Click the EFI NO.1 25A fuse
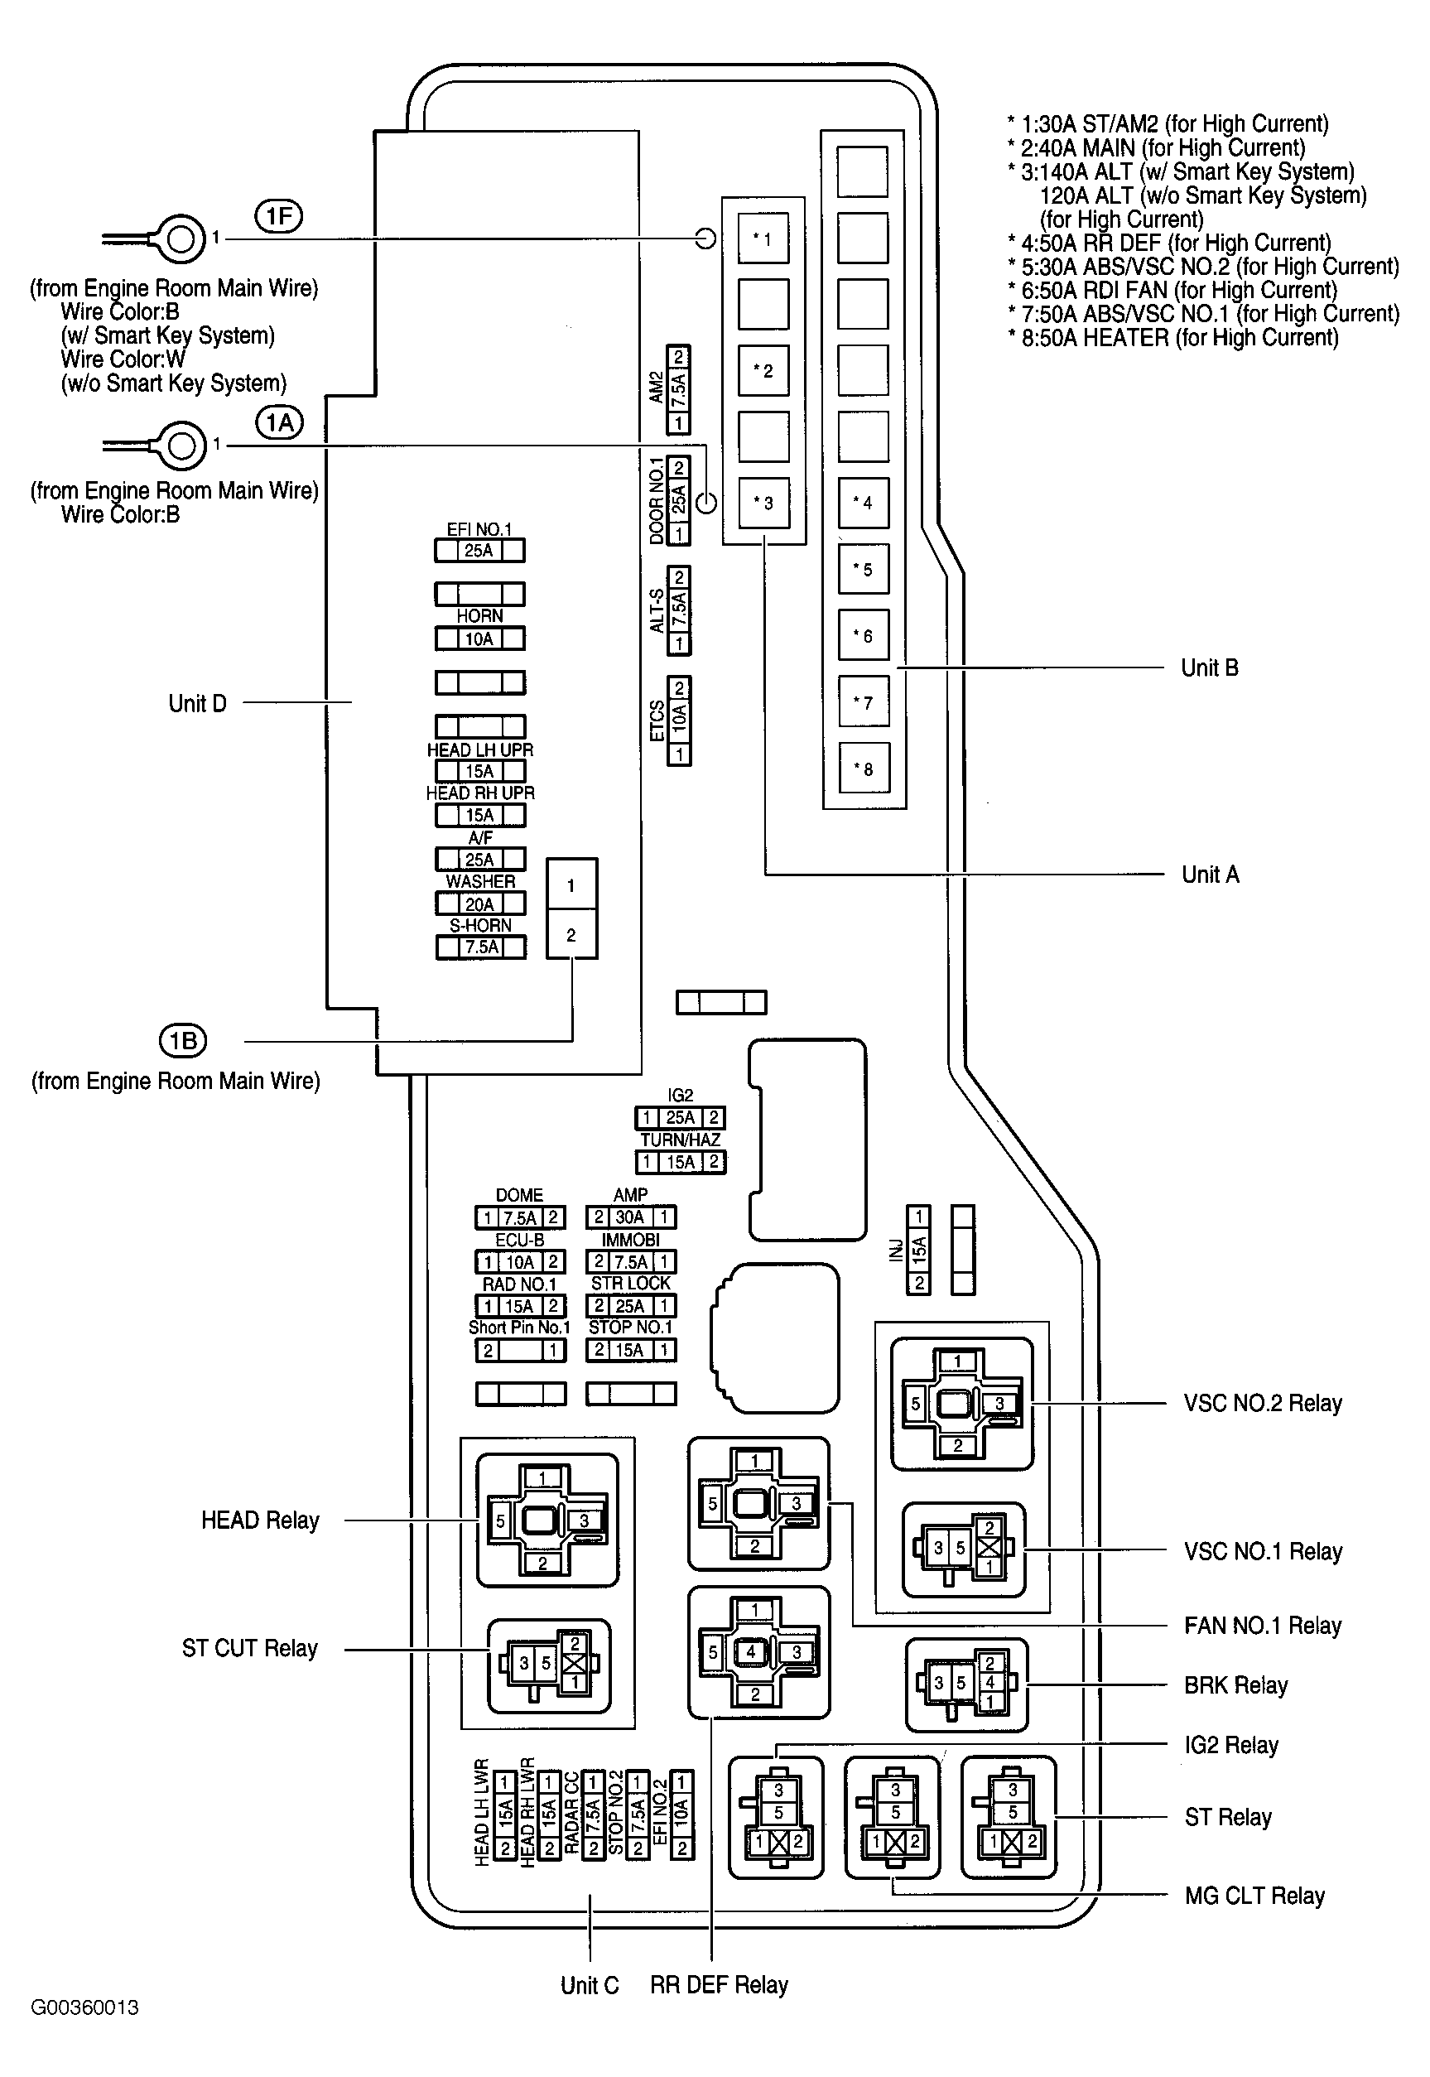(x=479, y=550)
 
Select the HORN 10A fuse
(x=479, y=639)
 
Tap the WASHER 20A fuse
(x=480, y=904)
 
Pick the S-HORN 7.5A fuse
(x=480, y=947)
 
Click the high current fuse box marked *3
(x=763, y=503)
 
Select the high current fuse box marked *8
(x=864, y=768)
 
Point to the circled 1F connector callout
(x=279, y=216)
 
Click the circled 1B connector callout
(x=183, y=1040)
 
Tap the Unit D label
(x=197, y=703)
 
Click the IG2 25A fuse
(x=680, y=1117)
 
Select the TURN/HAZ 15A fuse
(x=680, y=1162)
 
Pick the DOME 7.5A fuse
(x=520, y=1217)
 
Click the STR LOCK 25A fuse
(x=630, y=1305)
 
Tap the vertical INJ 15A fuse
(x=918, y=1249)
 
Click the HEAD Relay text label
(x=260, y=1520)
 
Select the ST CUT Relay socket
(x=548, y=1665)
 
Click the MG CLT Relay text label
(x=1254, y=1895)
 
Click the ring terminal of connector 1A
(x=181, y=446)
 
